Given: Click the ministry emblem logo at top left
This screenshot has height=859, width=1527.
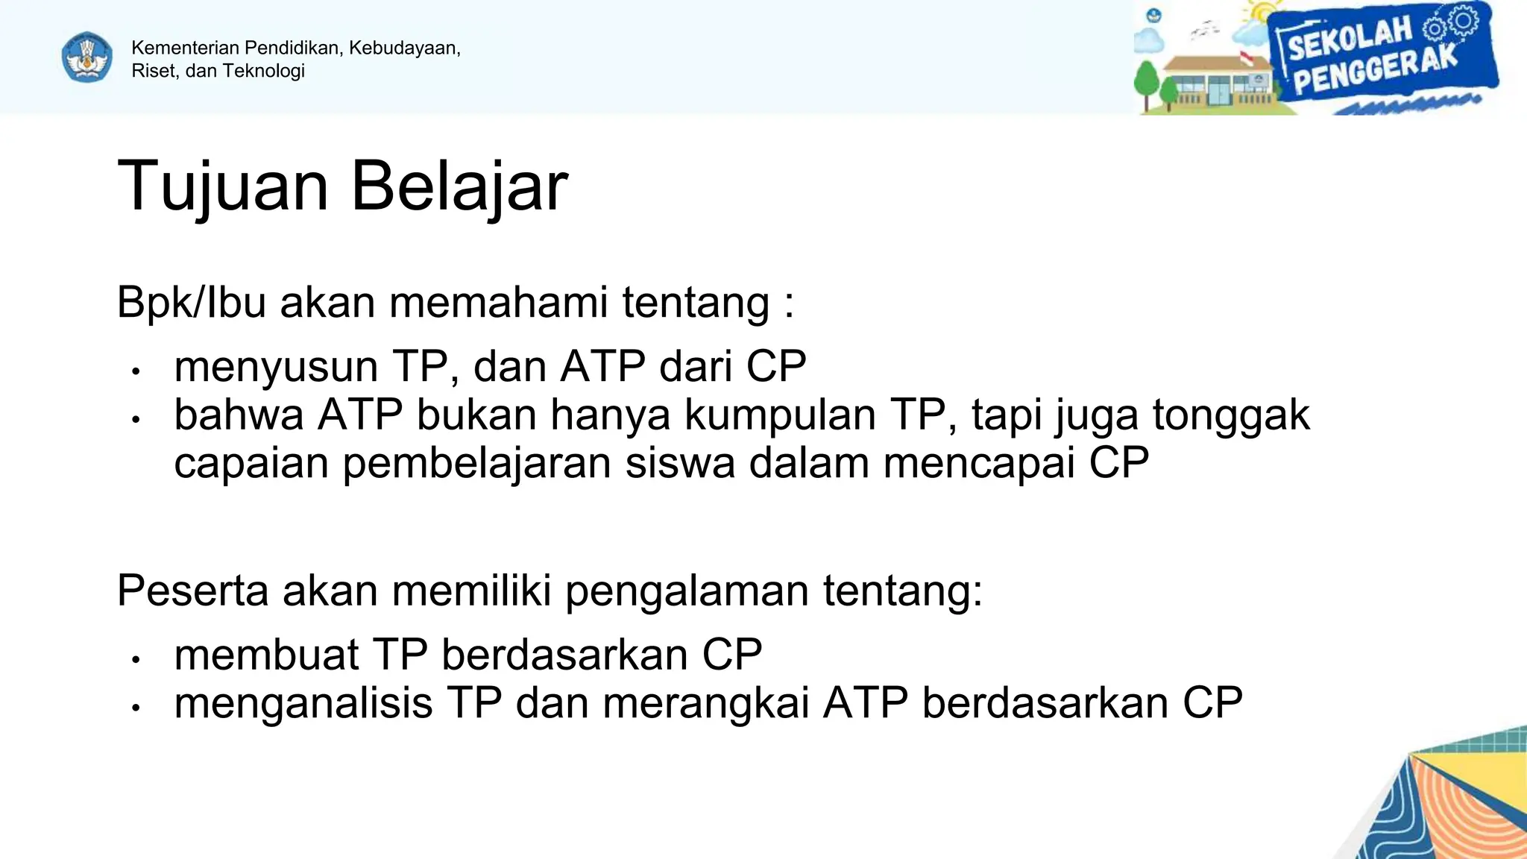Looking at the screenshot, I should tap(87, 57).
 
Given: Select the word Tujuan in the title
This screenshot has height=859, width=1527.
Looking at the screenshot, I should tap(223, 186).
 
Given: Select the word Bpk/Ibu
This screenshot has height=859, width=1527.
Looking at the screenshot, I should tap(191, 302).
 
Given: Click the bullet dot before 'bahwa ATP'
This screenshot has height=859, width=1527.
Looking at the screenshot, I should tap(136, 420).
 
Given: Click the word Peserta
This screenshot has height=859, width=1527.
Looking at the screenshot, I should tap(192, 591).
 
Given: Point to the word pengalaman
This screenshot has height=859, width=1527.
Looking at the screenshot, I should tap(687, 591).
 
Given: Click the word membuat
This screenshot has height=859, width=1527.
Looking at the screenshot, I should tap(266, 655).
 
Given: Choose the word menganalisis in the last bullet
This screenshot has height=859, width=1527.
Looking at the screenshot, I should tap(303, 703).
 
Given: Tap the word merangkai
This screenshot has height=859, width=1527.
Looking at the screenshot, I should tap(705, 703).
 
